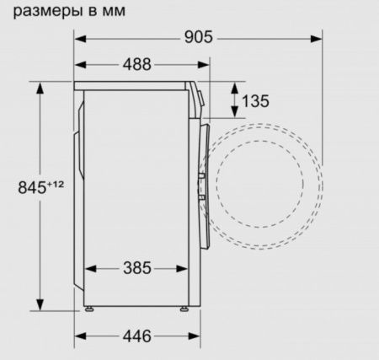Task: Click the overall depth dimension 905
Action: click(199, 38)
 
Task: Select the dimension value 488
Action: click(142, 64)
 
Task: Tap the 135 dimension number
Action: click(255, 101)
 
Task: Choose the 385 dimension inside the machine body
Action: click(138, 268)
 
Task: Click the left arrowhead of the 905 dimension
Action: click(79, 38)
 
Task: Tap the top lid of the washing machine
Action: click(135, 84)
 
